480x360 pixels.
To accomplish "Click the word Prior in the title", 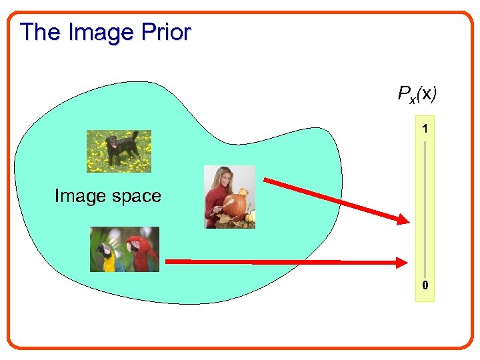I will (167, 32).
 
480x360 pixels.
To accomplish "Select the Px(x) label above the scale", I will (417, 95).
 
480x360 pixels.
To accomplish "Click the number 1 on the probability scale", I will (425, 126).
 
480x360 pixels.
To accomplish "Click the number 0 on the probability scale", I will (425, 287).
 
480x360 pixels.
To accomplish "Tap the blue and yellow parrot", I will (107, 257).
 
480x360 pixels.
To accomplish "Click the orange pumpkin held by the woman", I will (235, 205).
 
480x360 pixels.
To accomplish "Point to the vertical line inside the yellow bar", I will (425, 207).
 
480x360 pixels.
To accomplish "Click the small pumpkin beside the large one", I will (249, 216).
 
